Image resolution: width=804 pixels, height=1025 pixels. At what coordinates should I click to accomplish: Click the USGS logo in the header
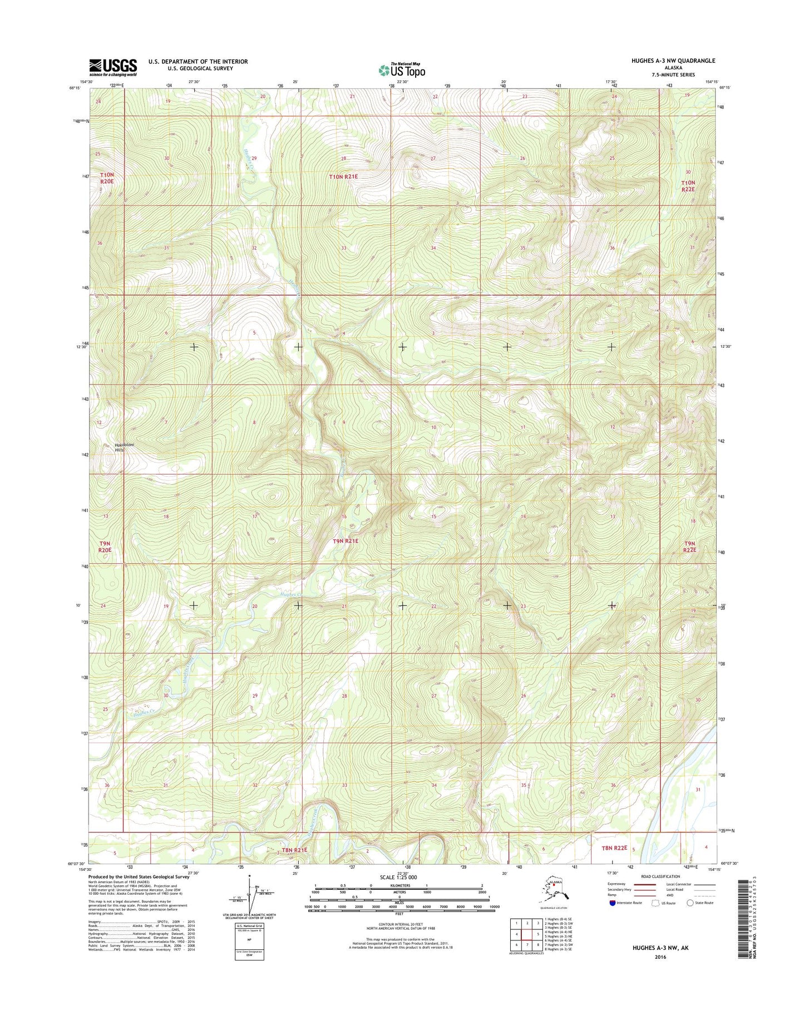click(x=113, y=67)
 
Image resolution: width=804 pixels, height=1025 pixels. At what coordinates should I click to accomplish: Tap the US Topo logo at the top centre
click(x=402, y=70)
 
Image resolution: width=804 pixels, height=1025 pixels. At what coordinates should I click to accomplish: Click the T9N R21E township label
click(x=346, y=541)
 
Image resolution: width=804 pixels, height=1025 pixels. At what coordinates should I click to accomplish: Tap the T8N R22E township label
click(x=614, y=848)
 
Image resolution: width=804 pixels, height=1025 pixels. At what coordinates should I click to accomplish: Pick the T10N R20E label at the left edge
click(x=107, y=178)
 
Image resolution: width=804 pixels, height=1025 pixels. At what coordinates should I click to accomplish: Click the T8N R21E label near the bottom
click(x=294, y=850)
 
